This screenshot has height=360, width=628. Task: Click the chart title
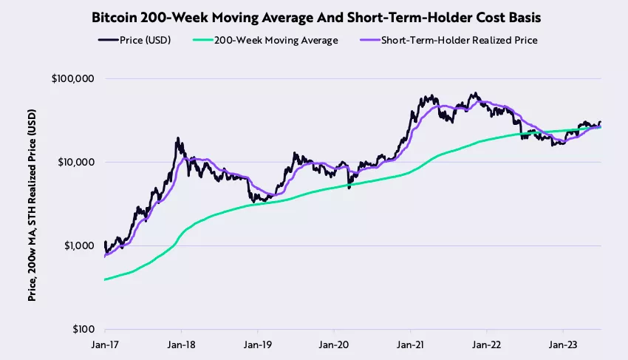(x=314, y=16)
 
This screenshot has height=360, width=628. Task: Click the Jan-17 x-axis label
(x=105, y=344)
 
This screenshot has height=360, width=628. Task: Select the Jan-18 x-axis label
(x=181, y=344)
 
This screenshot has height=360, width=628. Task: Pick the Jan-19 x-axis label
(x=257, y=344)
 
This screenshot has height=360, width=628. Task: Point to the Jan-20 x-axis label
(x=334, y=344)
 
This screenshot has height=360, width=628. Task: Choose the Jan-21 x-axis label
(x=410, y=344)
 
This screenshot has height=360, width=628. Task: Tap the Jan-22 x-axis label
(x=487, y=344)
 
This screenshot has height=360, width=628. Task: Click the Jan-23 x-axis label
(x=563, y=344)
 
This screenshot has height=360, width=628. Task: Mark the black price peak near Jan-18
(x=177, y=138)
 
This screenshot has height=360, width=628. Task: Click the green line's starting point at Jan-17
(x=105, y=279)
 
